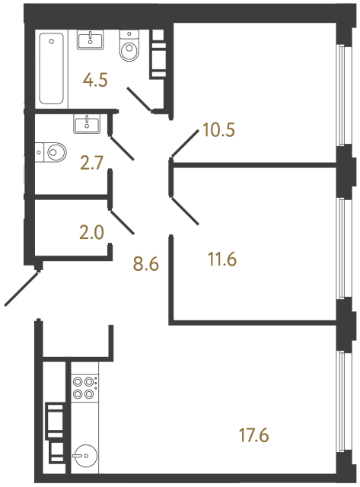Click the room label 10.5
coord(217,129)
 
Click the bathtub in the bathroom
coord(52,68)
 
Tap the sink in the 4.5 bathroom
coord(94,40)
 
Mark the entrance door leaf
coord(22,288)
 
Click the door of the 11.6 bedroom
coord(185,212)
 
